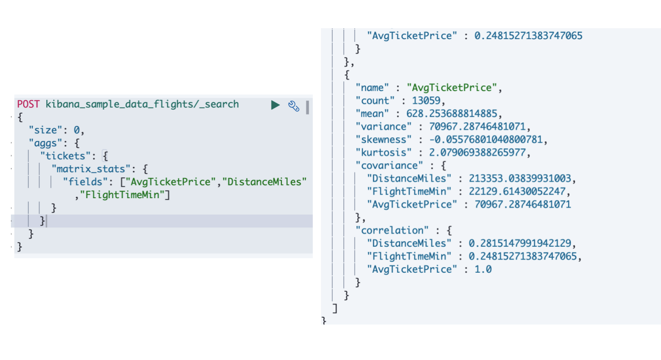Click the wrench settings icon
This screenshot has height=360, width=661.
point(294,106)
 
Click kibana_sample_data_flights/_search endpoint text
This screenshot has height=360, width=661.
point(142,104)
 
